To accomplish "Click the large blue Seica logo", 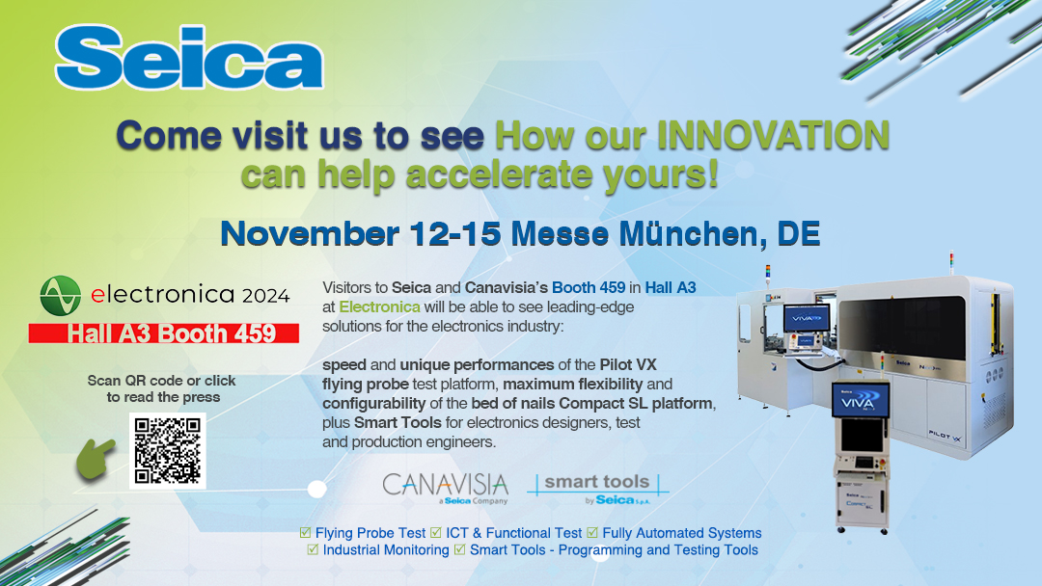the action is click(x=189, y=58).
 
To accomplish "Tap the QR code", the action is click(x=168, y=451).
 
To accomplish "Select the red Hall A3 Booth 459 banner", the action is click(x=163, y=333).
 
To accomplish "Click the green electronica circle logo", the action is click(x=61, y=296).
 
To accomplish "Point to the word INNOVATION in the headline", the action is click(x=773, y=135).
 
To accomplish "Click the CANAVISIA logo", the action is click(x=445, y=489).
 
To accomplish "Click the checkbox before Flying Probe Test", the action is click(x=306, y=532).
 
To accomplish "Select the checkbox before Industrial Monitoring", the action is click(x=313, y=549).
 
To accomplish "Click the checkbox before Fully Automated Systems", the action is click(x=592, y=532).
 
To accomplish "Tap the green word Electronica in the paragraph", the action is click(x=379, y=306).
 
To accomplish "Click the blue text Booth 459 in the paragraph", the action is click(x=589, y=287).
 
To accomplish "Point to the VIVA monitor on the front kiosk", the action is click(x=861, y=400).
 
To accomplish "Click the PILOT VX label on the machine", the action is click(x=946, y=436).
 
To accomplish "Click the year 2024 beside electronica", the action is click(x=266, y=296).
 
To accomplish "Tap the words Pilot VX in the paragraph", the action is click(x=628, y=364).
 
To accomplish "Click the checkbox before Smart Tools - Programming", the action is click(x=460, y=549).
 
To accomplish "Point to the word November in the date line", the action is click(x=310, y=233).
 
